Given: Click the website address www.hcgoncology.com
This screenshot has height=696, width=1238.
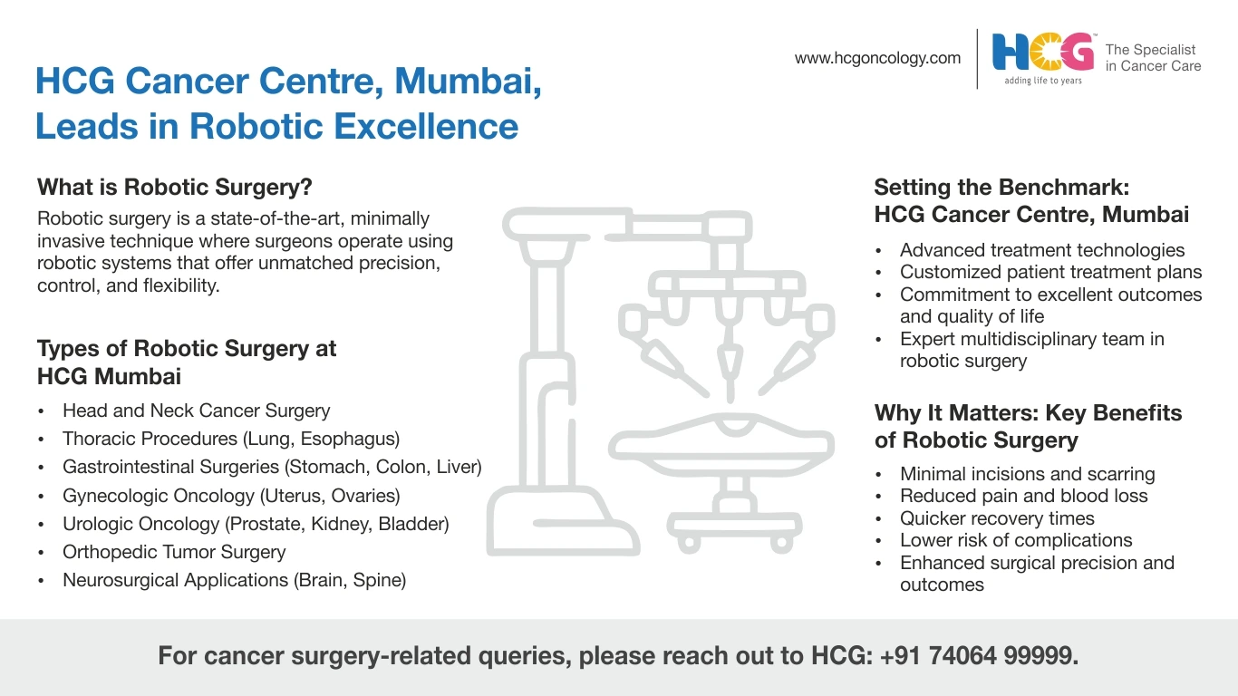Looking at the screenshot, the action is (877, 58).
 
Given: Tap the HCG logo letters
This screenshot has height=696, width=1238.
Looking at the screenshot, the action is (1043, 52).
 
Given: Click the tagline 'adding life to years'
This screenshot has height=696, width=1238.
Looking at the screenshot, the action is (1043, 81).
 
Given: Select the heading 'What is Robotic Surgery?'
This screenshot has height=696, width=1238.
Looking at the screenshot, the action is (175, 188).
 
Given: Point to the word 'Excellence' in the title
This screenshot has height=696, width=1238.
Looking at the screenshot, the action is (426, 126).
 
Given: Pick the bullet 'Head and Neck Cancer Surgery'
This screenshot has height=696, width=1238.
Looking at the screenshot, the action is (196, 411).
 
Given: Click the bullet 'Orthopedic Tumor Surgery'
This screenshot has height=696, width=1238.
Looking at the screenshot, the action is (174, 552).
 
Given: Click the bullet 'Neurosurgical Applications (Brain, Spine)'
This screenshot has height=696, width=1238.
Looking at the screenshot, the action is (235, 580).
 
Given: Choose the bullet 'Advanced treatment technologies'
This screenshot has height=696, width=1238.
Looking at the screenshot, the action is (1042, 250).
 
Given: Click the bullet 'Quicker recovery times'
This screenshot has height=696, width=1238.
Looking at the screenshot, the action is (997, 518).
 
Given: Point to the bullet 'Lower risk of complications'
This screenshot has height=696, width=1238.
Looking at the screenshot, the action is (1016, 540).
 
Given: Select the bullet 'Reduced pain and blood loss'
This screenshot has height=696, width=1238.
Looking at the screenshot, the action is (1023, 496).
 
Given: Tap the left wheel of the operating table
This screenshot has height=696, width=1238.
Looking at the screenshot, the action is (689, 543).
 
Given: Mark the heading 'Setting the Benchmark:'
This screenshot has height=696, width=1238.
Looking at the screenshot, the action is (1001, 188).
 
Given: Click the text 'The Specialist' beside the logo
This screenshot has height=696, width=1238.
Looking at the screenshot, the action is (1150, 50).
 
